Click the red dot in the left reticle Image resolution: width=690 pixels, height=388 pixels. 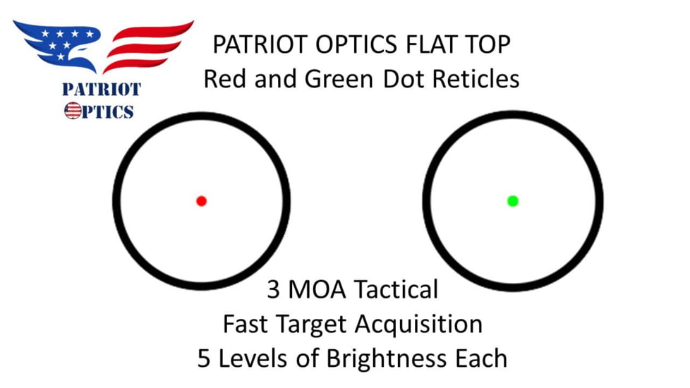pos(201,201)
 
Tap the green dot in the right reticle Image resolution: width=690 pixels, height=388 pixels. pos(513,201)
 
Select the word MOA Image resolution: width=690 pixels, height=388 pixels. pos(317,289)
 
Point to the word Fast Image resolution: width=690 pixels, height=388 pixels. pos(246,324)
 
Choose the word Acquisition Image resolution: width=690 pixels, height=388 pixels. pos(419,325)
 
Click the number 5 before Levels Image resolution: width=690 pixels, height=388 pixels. pos(205,358)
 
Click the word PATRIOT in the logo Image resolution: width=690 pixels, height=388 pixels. pos(101,90)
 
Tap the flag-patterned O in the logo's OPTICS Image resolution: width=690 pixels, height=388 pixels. pos(72,111)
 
